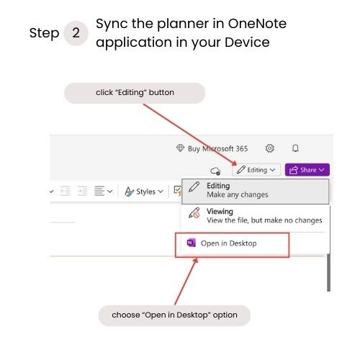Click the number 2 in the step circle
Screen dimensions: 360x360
[76, 33]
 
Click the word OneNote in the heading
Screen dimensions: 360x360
[257, 24]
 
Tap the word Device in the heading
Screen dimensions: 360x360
[247, 42]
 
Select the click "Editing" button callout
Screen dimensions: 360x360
[135, 93]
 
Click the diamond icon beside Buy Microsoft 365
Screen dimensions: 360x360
[180, 148]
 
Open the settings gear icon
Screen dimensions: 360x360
[270, 148]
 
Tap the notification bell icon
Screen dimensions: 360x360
[295, 148]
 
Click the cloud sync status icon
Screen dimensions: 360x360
[215, 171]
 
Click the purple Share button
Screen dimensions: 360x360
[307, 170]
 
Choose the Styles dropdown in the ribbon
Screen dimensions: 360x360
[144, 192]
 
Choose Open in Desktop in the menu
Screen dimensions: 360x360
[229, 243]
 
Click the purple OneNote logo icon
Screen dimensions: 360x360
[192, 243]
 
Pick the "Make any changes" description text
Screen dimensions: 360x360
[238, 194]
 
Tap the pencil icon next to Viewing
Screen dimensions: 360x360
[194, 213]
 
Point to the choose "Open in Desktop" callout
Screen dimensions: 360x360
[174, 315]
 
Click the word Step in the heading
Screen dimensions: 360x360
[44, 33]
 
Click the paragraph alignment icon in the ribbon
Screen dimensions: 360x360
[99, 191]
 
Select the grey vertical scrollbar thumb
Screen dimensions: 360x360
[328, 272]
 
